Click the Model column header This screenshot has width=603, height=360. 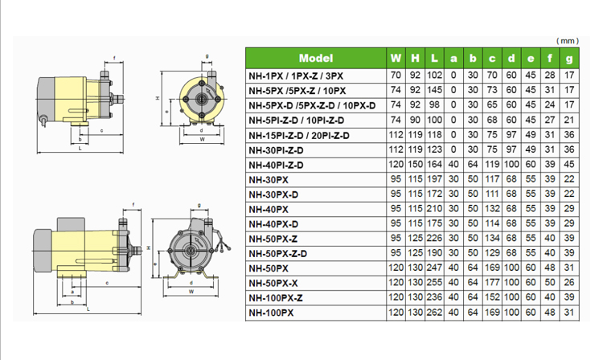coord(316,59)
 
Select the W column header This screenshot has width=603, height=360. coord(396,59)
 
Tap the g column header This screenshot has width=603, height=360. coord(568,59)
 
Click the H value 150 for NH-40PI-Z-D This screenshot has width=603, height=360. coord(415,165)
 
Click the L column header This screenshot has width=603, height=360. coord(434,59)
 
